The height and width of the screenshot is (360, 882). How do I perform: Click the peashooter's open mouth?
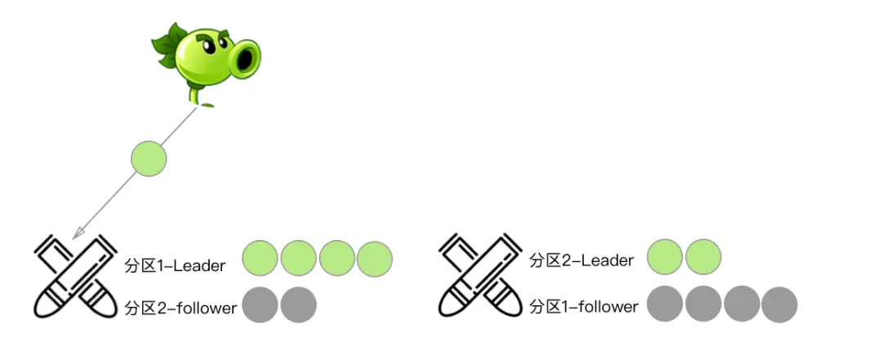pos(247,56)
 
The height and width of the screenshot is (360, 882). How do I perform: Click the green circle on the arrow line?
pos(149,158)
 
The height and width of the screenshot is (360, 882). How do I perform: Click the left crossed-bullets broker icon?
pos(71,276)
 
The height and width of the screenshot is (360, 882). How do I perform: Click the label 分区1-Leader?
pos(175,264)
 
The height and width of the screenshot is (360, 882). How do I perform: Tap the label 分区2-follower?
pos(180,309)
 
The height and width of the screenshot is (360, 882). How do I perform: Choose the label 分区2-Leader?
pos(581,260)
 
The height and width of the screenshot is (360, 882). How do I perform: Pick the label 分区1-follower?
pos(584,307)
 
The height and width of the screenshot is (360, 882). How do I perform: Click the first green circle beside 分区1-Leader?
pos(261,259)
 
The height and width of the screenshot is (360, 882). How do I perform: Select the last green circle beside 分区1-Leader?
pos(375,259)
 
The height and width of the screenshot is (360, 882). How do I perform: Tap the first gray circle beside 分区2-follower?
pos(261,305)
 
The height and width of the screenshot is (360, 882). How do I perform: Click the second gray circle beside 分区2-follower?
pos(298,305)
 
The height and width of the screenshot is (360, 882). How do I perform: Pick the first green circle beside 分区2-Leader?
pos(665,257)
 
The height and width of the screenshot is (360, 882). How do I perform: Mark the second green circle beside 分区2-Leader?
pos(703,257)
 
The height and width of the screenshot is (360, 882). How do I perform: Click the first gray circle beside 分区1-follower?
pos(665,304)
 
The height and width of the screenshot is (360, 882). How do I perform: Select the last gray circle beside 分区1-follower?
pos(779,304)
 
